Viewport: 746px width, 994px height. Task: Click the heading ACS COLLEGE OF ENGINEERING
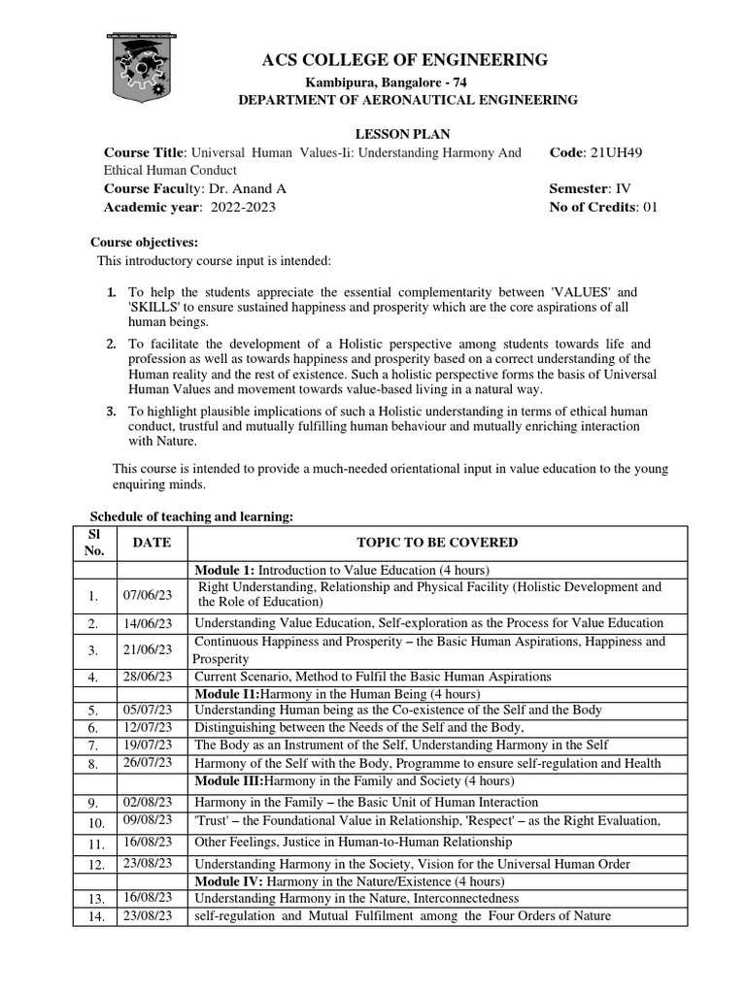[x=405, y=61]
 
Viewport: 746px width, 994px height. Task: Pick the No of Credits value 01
[x=646, y=207]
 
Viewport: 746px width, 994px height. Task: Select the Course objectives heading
[x=144, y=242]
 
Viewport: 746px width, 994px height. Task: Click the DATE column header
[x=152, y=544]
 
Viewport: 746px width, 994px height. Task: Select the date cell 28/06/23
[x=149, y=677]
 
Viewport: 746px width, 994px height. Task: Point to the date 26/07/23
[x=149, y=763]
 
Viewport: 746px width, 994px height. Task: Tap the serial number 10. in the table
[x=95, y=822]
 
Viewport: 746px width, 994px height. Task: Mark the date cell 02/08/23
[x=149, y=803]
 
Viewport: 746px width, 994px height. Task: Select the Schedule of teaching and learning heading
[x=191, y=517]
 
